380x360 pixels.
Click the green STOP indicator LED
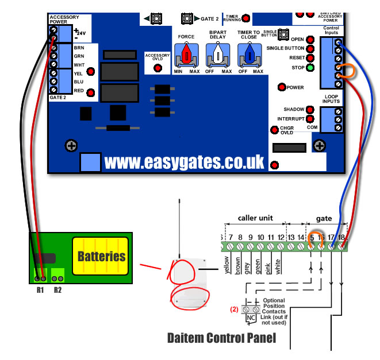tap(310, 68)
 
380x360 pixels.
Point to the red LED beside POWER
tap(282, 87)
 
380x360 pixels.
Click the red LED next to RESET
tap(310, 59)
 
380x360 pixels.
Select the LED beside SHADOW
tap(310, 109)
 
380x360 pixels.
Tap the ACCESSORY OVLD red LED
tap(158, 68)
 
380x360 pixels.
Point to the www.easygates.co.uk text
tap(184, 162)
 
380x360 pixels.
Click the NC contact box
tap(251, 317)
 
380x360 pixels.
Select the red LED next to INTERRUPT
tap(310, 119)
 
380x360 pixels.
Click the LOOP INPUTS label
tap(331, 98)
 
